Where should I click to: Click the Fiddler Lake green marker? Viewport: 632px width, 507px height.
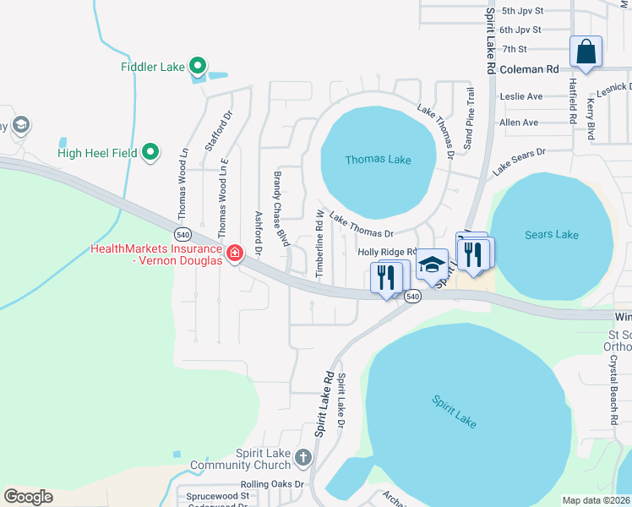(x=198, y=65)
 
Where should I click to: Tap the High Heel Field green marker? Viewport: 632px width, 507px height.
(x=150, y=152)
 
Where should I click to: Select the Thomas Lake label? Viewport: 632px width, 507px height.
(x=378, y=160)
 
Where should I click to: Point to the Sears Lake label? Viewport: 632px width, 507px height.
(x=551, y=234)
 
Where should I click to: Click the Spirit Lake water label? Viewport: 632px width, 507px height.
(x=454, y=412)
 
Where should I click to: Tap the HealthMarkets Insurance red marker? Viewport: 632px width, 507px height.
(x=234, y=252)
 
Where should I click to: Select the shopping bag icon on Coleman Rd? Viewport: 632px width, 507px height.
(x=585, y=52)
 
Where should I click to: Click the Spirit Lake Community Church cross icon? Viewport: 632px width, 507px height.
(x=303, y=457)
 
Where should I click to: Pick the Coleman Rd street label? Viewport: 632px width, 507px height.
(x=530, y=70)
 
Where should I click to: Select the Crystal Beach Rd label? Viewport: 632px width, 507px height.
(x=613, y=390)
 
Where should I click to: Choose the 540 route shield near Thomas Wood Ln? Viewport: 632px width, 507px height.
(x=183, y=233)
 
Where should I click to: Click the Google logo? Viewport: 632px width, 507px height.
(x=28, y=497)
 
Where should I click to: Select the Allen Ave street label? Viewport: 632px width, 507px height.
(x=519, y=123)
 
